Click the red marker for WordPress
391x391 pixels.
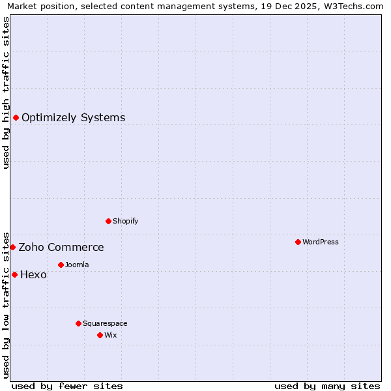click(x=298, y=242)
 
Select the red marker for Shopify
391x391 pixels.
click(x=108, y=221)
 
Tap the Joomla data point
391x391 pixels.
click(x=61, y=265)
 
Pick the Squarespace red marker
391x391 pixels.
click(x=78, y=323)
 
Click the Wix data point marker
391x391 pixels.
click(x=100, y=335)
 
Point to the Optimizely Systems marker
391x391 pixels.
click(x=16, y=117)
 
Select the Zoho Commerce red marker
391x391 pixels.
click(x=12, y=247)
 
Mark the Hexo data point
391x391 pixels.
click(x=14, y=274)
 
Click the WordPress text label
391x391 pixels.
click(x=321, y=242)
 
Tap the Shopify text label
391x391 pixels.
click(x=126, y=221)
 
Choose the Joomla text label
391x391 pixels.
click(x=77, y=265)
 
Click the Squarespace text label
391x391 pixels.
click(x=105, y=323)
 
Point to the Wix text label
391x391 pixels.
click(x=110, y=335)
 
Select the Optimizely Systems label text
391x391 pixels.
click(x=74, y=118)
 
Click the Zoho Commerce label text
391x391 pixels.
click(x=61, y=248)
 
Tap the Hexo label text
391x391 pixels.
click(x=33, y=275)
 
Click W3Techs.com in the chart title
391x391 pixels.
click(x=353, y=6)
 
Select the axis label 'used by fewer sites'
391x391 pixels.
click(x=67, y=386)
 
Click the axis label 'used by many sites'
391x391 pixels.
click(x=327, y=386)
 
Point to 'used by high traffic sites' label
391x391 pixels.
click(x=6, y=93)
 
